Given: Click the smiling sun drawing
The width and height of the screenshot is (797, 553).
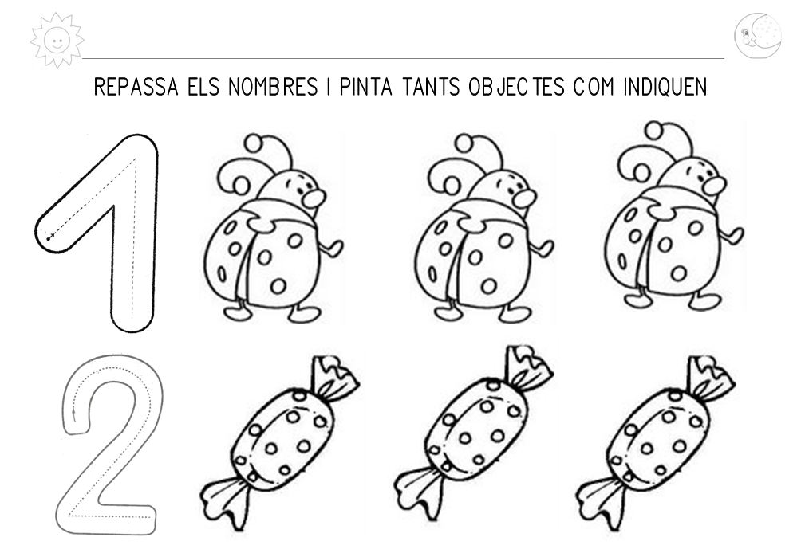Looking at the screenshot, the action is [57, 41].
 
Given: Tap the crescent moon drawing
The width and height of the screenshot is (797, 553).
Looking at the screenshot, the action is [757, 36].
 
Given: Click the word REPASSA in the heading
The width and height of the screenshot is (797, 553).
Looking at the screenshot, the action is [136, 87].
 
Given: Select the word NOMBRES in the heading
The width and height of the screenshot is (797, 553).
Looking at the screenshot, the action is [273, 87].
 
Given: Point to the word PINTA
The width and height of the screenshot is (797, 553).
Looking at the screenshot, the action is [366, 87].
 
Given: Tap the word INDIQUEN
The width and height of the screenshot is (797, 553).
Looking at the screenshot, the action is [665, 87].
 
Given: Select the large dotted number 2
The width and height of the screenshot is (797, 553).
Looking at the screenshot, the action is [108, 445].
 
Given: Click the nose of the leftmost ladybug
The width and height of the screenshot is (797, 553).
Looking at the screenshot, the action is [313, 198].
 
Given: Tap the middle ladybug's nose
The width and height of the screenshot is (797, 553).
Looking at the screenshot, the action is [524, 198].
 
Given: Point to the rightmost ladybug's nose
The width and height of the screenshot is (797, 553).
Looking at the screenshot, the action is [715, 186].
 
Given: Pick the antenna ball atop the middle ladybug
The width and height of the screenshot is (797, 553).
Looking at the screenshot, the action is [464, 143].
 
